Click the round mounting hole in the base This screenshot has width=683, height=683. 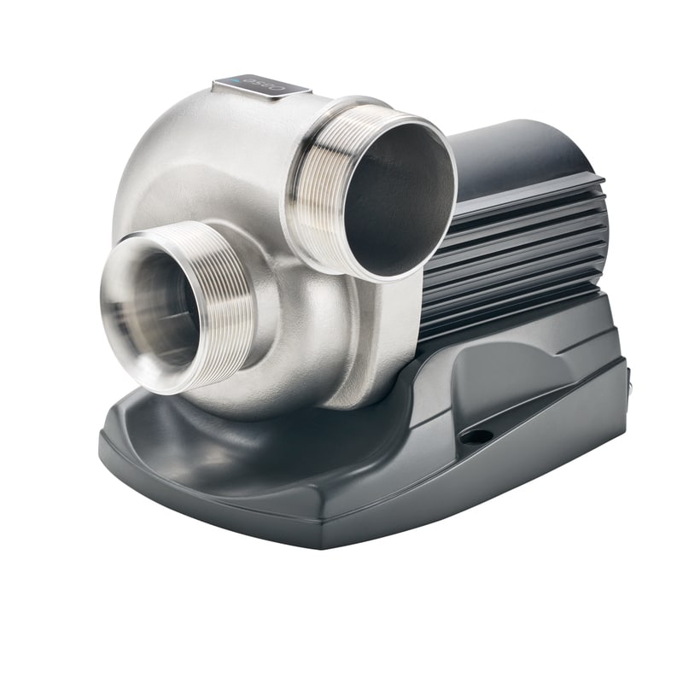[476, 436]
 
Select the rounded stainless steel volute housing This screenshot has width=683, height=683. [196, 171]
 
